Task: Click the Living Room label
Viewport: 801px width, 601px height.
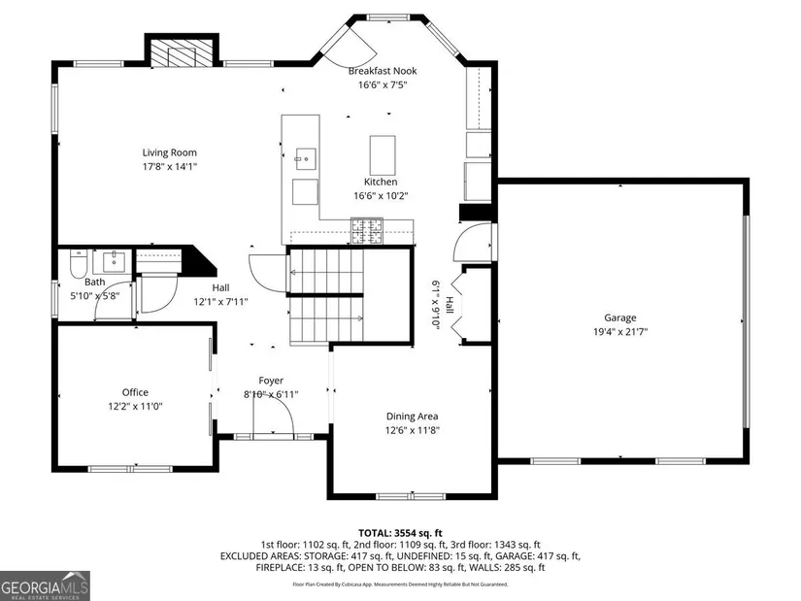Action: tap(169, 152)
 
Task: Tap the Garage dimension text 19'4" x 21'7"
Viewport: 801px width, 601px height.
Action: tap(620, 332)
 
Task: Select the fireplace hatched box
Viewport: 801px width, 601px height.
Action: tap(182, 52)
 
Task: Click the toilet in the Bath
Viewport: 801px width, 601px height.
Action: tap(79, 263)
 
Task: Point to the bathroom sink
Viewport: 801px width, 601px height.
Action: tap(113, 261)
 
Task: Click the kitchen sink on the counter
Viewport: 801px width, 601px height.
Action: tap(306, 159)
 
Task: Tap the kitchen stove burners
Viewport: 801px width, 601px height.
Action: tap(367, 230)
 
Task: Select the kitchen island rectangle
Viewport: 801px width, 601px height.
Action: tap(383, 155)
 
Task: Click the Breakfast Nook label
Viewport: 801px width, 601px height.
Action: tap(383, 71)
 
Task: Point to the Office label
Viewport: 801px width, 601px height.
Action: tap(135, 392)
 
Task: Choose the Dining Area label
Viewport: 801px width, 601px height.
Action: tap(413, 417)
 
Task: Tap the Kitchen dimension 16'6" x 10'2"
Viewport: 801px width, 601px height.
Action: tap(382, 196)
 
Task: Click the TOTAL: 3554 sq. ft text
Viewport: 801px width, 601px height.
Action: tap(400, 534)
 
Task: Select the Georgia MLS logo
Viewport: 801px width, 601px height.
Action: tap(45, 585)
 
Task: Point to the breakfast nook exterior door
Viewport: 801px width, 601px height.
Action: tap(351, 46)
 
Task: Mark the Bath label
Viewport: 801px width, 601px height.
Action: tap(95, 283)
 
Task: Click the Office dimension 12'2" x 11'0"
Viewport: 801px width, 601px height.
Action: tap(135, 407)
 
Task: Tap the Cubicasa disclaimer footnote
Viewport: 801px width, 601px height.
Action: tap(400, 584)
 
